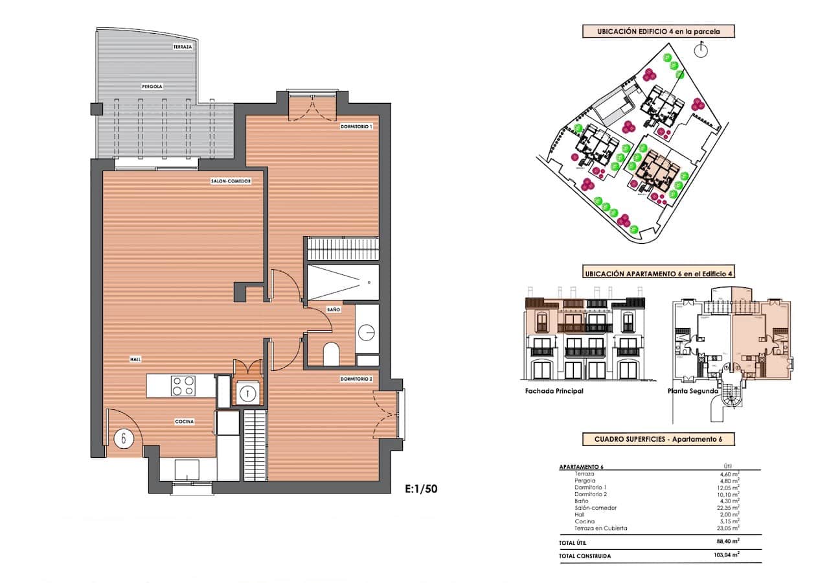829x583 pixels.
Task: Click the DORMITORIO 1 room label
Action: click(356, 126)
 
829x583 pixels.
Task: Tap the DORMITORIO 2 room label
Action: click(356, 379)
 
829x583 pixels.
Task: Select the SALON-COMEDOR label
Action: click(231, 181)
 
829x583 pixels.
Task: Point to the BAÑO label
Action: click(334, 311)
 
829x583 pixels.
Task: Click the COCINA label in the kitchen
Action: click(185, 422)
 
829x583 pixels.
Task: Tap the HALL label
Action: click(135, 359)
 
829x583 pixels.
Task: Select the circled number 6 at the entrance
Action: click(124, 438)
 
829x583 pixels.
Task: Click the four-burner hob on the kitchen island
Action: click(183, 386)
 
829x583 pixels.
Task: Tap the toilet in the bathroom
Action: click(330, 353)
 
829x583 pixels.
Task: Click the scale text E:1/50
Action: click(421, 490)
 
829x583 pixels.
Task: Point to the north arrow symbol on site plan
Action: click(699, 49)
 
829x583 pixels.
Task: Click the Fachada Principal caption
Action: click(554, 391)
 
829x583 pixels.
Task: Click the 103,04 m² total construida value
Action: click(725, 555)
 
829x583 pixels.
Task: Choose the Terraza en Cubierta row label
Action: click(600, 528)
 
